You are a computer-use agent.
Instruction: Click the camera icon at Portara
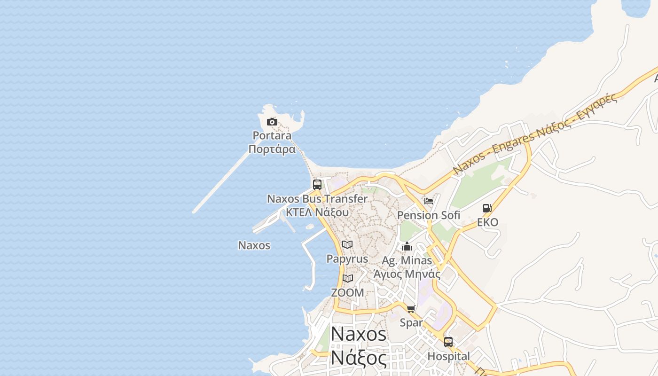point(272,122)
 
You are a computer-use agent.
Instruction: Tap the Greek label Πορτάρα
point(272,149)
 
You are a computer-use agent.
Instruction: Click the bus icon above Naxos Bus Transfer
point(317,184)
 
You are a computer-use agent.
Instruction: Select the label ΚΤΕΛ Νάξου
point(317,212)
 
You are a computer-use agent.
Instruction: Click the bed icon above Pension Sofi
point(428,201)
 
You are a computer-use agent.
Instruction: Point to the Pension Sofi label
point(429,215)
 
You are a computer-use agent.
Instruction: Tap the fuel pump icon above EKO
point(487,208)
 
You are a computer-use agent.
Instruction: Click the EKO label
point(487,222)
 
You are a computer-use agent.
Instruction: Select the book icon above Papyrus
point(347,244)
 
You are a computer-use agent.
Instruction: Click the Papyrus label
point(347,259)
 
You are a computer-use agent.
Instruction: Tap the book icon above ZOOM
point(347,278)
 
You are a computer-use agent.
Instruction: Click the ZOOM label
point(347,292)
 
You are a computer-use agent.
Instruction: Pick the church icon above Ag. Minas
point(407,246)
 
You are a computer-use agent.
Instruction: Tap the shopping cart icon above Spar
point(411,309)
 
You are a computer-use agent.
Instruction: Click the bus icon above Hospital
point(448,342)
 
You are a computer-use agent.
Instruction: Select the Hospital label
point(448,356)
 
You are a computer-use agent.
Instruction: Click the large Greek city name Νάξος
point(359,358)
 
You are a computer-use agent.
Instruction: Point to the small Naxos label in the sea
point(254,245)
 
